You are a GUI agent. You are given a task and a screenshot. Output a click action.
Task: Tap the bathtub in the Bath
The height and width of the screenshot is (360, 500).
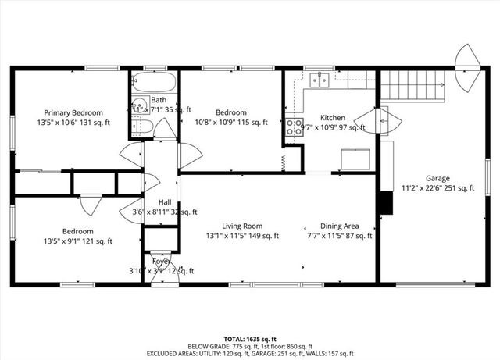[154, 82]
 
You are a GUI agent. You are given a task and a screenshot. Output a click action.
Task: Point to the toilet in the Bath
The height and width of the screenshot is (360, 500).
[137, 127]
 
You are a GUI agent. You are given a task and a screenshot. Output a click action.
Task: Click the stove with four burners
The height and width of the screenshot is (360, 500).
[295, 127]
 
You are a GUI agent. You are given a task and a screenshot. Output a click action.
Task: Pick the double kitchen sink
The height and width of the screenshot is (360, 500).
[317, 79]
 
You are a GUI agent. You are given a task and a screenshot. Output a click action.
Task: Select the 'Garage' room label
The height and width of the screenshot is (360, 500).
[437, 177]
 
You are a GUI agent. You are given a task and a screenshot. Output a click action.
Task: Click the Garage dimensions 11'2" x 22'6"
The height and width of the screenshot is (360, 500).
[437, 187]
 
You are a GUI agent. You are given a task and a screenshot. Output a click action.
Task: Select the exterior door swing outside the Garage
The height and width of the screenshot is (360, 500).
[469, 66]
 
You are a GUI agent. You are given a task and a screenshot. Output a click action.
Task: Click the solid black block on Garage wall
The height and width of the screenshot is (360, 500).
[384, 202]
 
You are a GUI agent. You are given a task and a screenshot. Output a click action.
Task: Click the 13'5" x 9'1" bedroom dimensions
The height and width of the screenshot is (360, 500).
[77, 241]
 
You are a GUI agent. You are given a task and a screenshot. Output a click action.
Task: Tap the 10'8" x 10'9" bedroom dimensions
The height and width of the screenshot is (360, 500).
[230, 123]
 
